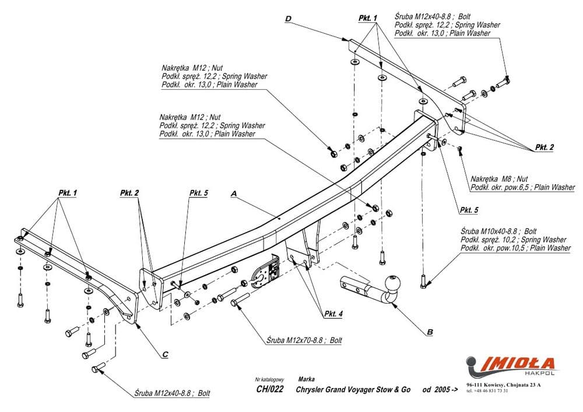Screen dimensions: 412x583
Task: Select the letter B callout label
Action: click(x=430, y=333)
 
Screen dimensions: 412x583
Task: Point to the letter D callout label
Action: click(x=288, y=20)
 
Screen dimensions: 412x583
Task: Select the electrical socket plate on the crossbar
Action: click(x=265, y=273)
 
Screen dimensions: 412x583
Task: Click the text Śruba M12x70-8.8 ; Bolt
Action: click(x=304, y=340)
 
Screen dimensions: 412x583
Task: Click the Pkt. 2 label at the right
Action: click(x=545, y=148)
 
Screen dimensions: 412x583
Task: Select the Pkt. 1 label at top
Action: click(x=368, y=19)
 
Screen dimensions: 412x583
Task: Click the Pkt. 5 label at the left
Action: click(x=198, y=193)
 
